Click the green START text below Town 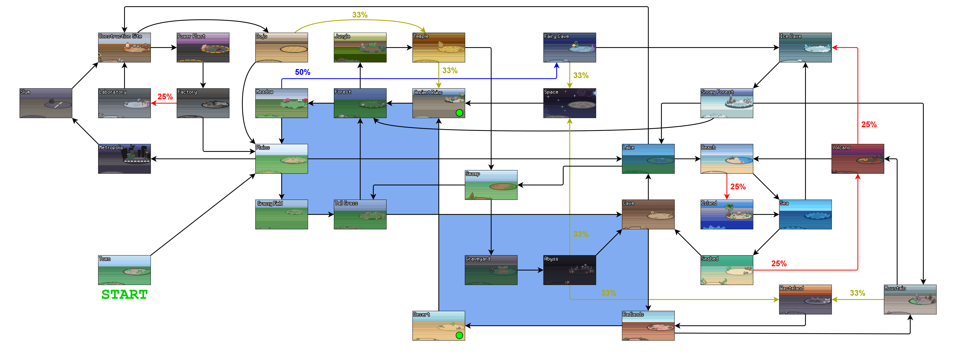[x=124, y=294]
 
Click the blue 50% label [x=303, y=72]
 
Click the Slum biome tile [x=46, y=103]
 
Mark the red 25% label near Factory [x=165, y=97]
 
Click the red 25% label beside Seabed [x=779, y=263]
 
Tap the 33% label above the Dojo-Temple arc [x=360, y=15]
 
